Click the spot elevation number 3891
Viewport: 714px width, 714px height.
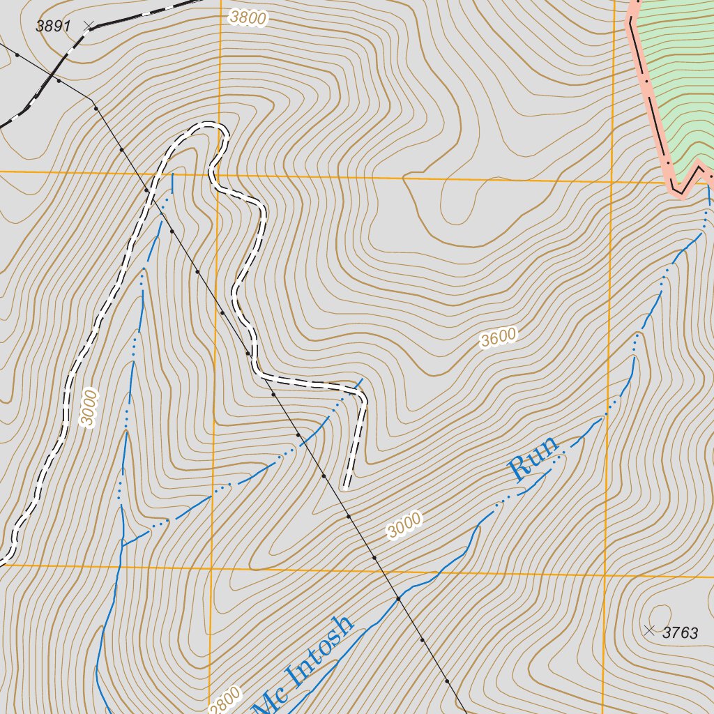[x=54, y=26]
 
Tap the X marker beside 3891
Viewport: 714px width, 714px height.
[x=88, y=25]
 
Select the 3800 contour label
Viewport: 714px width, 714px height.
[x=247, y=18]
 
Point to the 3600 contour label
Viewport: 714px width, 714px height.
[x=499, y=337]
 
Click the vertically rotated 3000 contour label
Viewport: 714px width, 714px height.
[x=89, y=408]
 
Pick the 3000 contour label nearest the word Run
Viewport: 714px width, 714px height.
[x=404, y=525]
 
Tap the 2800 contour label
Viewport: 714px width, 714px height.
[x=225, y=699]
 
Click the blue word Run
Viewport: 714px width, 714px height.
[x=534, y=458]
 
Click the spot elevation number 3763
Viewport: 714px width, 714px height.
[x=680, y=633]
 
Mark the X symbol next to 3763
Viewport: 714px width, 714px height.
[x=650, y=630]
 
